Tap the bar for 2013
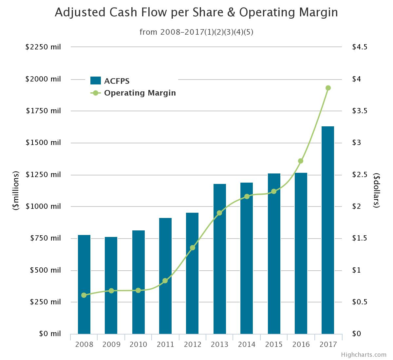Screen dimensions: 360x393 220,259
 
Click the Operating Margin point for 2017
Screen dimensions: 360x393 328,88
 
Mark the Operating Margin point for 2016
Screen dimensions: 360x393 301,161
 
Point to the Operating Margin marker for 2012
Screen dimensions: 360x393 193,248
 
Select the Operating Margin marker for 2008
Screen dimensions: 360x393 84,295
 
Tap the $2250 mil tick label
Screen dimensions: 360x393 43,47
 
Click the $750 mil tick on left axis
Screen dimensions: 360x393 45,238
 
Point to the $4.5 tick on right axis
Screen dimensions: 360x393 360,47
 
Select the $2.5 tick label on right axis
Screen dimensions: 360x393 360,174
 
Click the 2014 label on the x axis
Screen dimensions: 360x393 247,344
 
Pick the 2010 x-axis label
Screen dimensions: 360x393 138,344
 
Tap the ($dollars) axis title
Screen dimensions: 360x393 377,190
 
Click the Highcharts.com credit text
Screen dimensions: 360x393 364,354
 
